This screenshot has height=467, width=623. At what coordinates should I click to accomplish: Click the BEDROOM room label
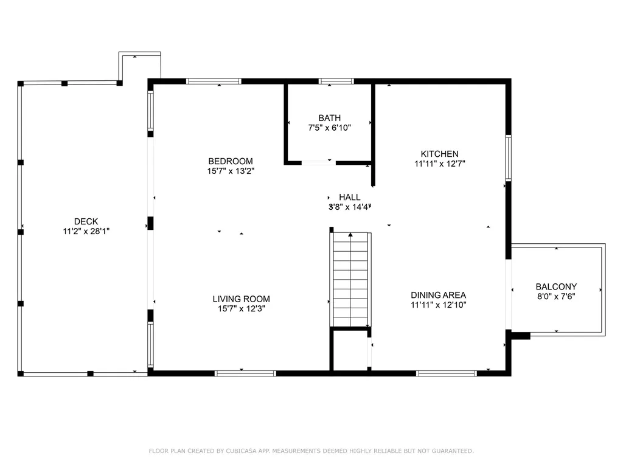tap(231, 161)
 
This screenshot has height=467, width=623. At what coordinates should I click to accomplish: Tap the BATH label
tap(329, 118)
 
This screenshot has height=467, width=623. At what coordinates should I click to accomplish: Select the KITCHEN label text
tap(439, 154)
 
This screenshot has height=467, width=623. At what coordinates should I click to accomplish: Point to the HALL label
tap(350, 197)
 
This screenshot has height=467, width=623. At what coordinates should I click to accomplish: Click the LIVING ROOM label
tap(241, 299)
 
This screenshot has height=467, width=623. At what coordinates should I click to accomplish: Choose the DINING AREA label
tap(438, 295)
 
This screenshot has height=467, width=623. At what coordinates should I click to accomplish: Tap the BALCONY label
tap(556, 287)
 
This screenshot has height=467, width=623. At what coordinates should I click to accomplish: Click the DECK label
tap(86, 221)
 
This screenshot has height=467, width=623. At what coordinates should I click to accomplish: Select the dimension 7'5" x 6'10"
tap(329, 128)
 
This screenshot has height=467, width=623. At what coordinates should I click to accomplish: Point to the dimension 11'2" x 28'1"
tap(86, 231)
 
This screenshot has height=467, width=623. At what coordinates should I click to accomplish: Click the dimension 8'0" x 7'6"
tap(556, 296)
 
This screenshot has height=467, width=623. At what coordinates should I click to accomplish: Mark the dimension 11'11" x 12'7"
tap(439, 164)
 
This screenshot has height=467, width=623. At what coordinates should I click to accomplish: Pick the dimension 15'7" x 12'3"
tap(241, 308)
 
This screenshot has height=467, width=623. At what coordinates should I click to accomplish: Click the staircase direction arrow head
tap(350, 235)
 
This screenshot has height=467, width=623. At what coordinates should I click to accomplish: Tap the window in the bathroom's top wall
tap(336, 81)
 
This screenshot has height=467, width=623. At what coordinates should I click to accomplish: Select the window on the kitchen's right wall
tap(508, 157)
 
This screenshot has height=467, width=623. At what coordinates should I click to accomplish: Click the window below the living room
tap(245, 373)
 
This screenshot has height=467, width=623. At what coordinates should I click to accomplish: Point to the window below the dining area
tap(446, 373)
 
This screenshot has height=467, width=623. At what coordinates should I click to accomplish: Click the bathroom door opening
tap(319, 162)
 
